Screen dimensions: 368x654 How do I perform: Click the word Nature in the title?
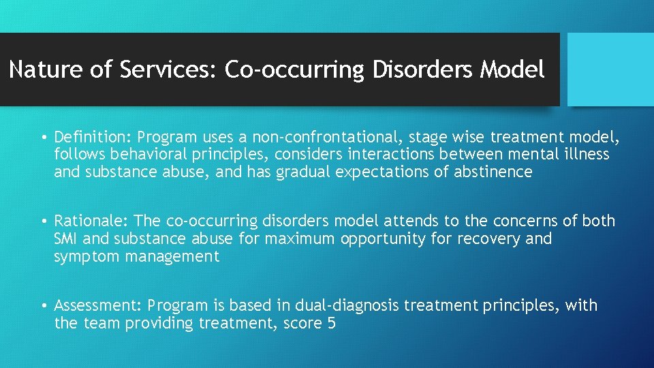(42, 70)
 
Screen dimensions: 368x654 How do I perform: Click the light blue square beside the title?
(610, 70)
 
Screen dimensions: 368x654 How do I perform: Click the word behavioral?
(141, 155)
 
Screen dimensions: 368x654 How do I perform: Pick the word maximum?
(300, 239)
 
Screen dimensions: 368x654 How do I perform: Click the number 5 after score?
(331, 323)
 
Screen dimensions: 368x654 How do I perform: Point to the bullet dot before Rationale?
(43, 221)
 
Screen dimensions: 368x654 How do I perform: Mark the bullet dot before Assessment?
(43, 306)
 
